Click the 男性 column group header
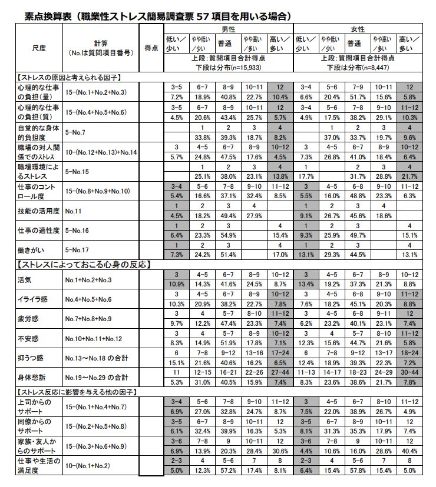[228, 29]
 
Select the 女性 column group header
[357, 29]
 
